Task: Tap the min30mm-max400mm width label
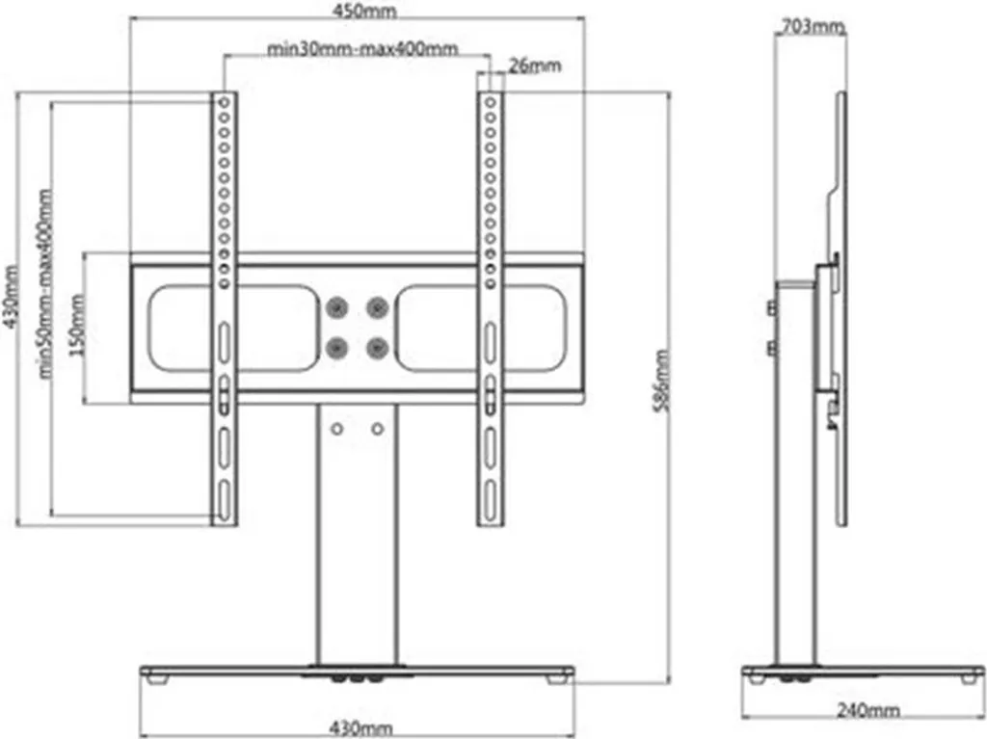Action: (362, 48)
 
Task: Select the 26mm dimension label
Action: (534, 66)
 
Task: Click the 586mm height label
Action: (661, 382)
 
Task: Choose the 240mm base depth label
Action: (868, 710)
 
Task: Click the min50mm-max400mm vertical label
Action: (45, 284)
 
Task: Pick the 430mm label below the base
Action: (361, 728)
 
